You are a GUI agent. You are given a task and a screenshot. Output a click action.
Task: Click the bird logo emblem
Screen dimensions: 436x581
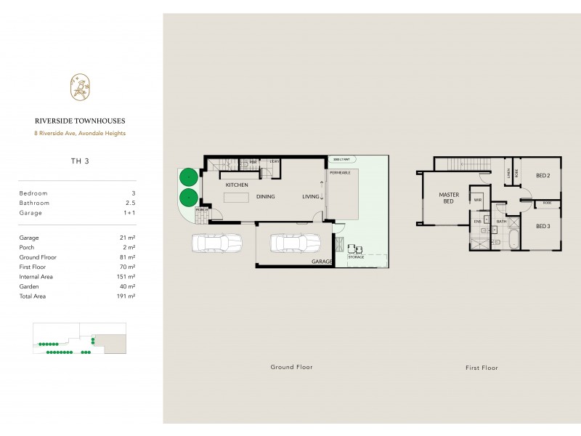(81, 87)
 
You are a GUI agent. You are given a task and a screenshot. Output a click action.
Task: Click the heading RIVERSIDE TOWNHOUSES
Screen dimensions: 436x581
(81, 122)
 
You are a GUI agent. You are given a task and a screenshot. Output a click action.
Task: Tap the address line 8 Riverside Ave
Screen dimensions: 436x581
(81, 133)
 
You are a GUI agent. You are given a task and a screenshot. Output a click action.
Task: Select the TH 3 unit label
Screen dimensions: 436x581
(81, 161)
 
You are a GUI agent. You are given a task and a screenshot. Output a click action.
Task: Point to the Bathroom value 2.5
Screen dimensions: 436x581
(131, 203)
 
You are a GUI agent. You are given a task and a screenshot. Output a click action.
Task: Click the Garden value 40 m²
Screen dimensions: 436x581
(129, 286)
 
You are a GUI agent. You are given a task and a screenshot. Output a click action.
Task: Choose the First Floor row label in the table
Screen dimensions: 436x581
(34, 267)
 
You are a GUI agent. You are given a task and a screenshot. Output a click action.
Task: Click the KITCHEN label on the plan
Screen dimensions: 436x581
(237, 186)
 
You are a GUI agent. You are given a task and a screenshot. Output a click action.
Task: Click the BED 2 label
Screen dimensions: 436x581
(543, 175)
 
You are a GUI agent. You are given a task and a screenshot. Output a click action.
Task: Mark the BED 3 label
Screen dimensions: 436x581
(543, 226)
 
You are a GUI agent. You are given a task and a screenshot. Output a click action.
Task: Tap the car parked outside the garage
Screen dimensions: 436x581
(216, 243)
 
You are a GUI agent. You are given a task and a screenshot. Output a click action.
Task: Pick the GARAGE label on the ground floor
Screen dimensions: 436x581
(321, 261)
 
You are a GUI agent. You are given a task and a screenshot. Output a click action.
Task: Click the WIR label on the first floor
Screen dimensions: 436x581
(479, 198)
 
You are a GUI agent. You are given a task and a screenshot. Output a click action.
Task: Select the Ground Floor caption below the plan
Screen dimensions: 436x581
(291, 367)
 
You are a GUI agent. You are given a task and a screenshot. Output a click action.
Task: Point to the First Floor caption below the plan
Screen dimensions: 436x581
(482, 367)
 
